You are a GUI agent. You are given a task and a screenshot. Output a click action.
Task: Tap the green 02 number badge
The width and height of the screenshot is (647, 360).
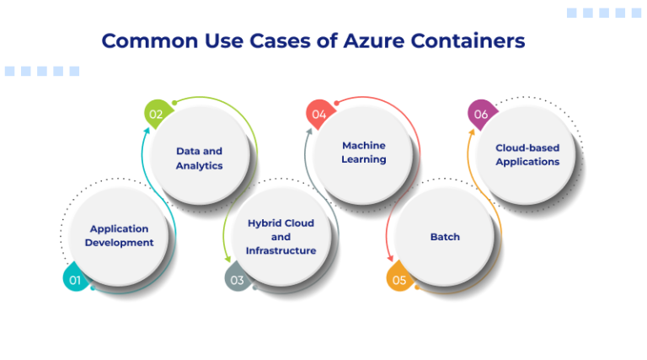point(156,114)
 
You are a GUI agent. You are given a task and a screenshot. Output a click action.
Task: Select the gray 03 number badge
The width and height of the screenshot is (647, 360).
point(237,279)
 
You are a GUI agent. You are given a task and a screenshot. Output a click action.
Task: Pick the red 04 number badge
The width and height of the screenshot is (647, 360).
point(318,114)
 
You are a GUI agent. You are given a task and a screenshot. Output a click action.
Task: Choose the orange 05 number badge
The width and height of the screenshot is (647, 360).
point(398,279)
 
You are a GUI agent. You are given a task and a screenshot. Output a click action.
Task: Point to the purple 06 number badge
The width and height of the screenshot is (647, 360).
point(480,114)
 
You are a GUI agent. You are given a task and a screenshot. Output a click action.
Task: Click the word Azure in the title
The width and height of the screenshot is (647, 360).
point(378,40)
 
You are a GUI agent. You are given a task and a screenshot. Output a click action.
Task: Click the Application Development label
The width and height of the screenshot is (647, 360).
point(121,235)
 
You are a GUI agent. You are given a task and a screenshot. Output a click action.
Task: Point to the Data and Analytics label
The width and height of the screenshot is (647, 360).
point(200,158)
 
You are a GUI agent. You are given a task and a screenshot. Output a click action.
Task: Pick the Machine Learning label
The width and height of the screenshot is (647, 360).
point(364,152)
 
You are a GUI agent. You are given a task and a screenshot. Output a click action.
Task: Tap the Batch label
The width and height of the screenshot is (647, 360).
point(445,237)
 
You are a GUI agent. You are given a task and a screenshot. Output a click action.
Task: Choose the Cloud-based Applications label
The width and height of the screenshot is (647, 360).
point(527,154)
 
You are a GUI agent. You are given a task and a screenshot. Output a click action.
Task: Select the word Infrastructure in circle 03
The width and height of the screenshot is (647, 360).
point(281,250)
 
